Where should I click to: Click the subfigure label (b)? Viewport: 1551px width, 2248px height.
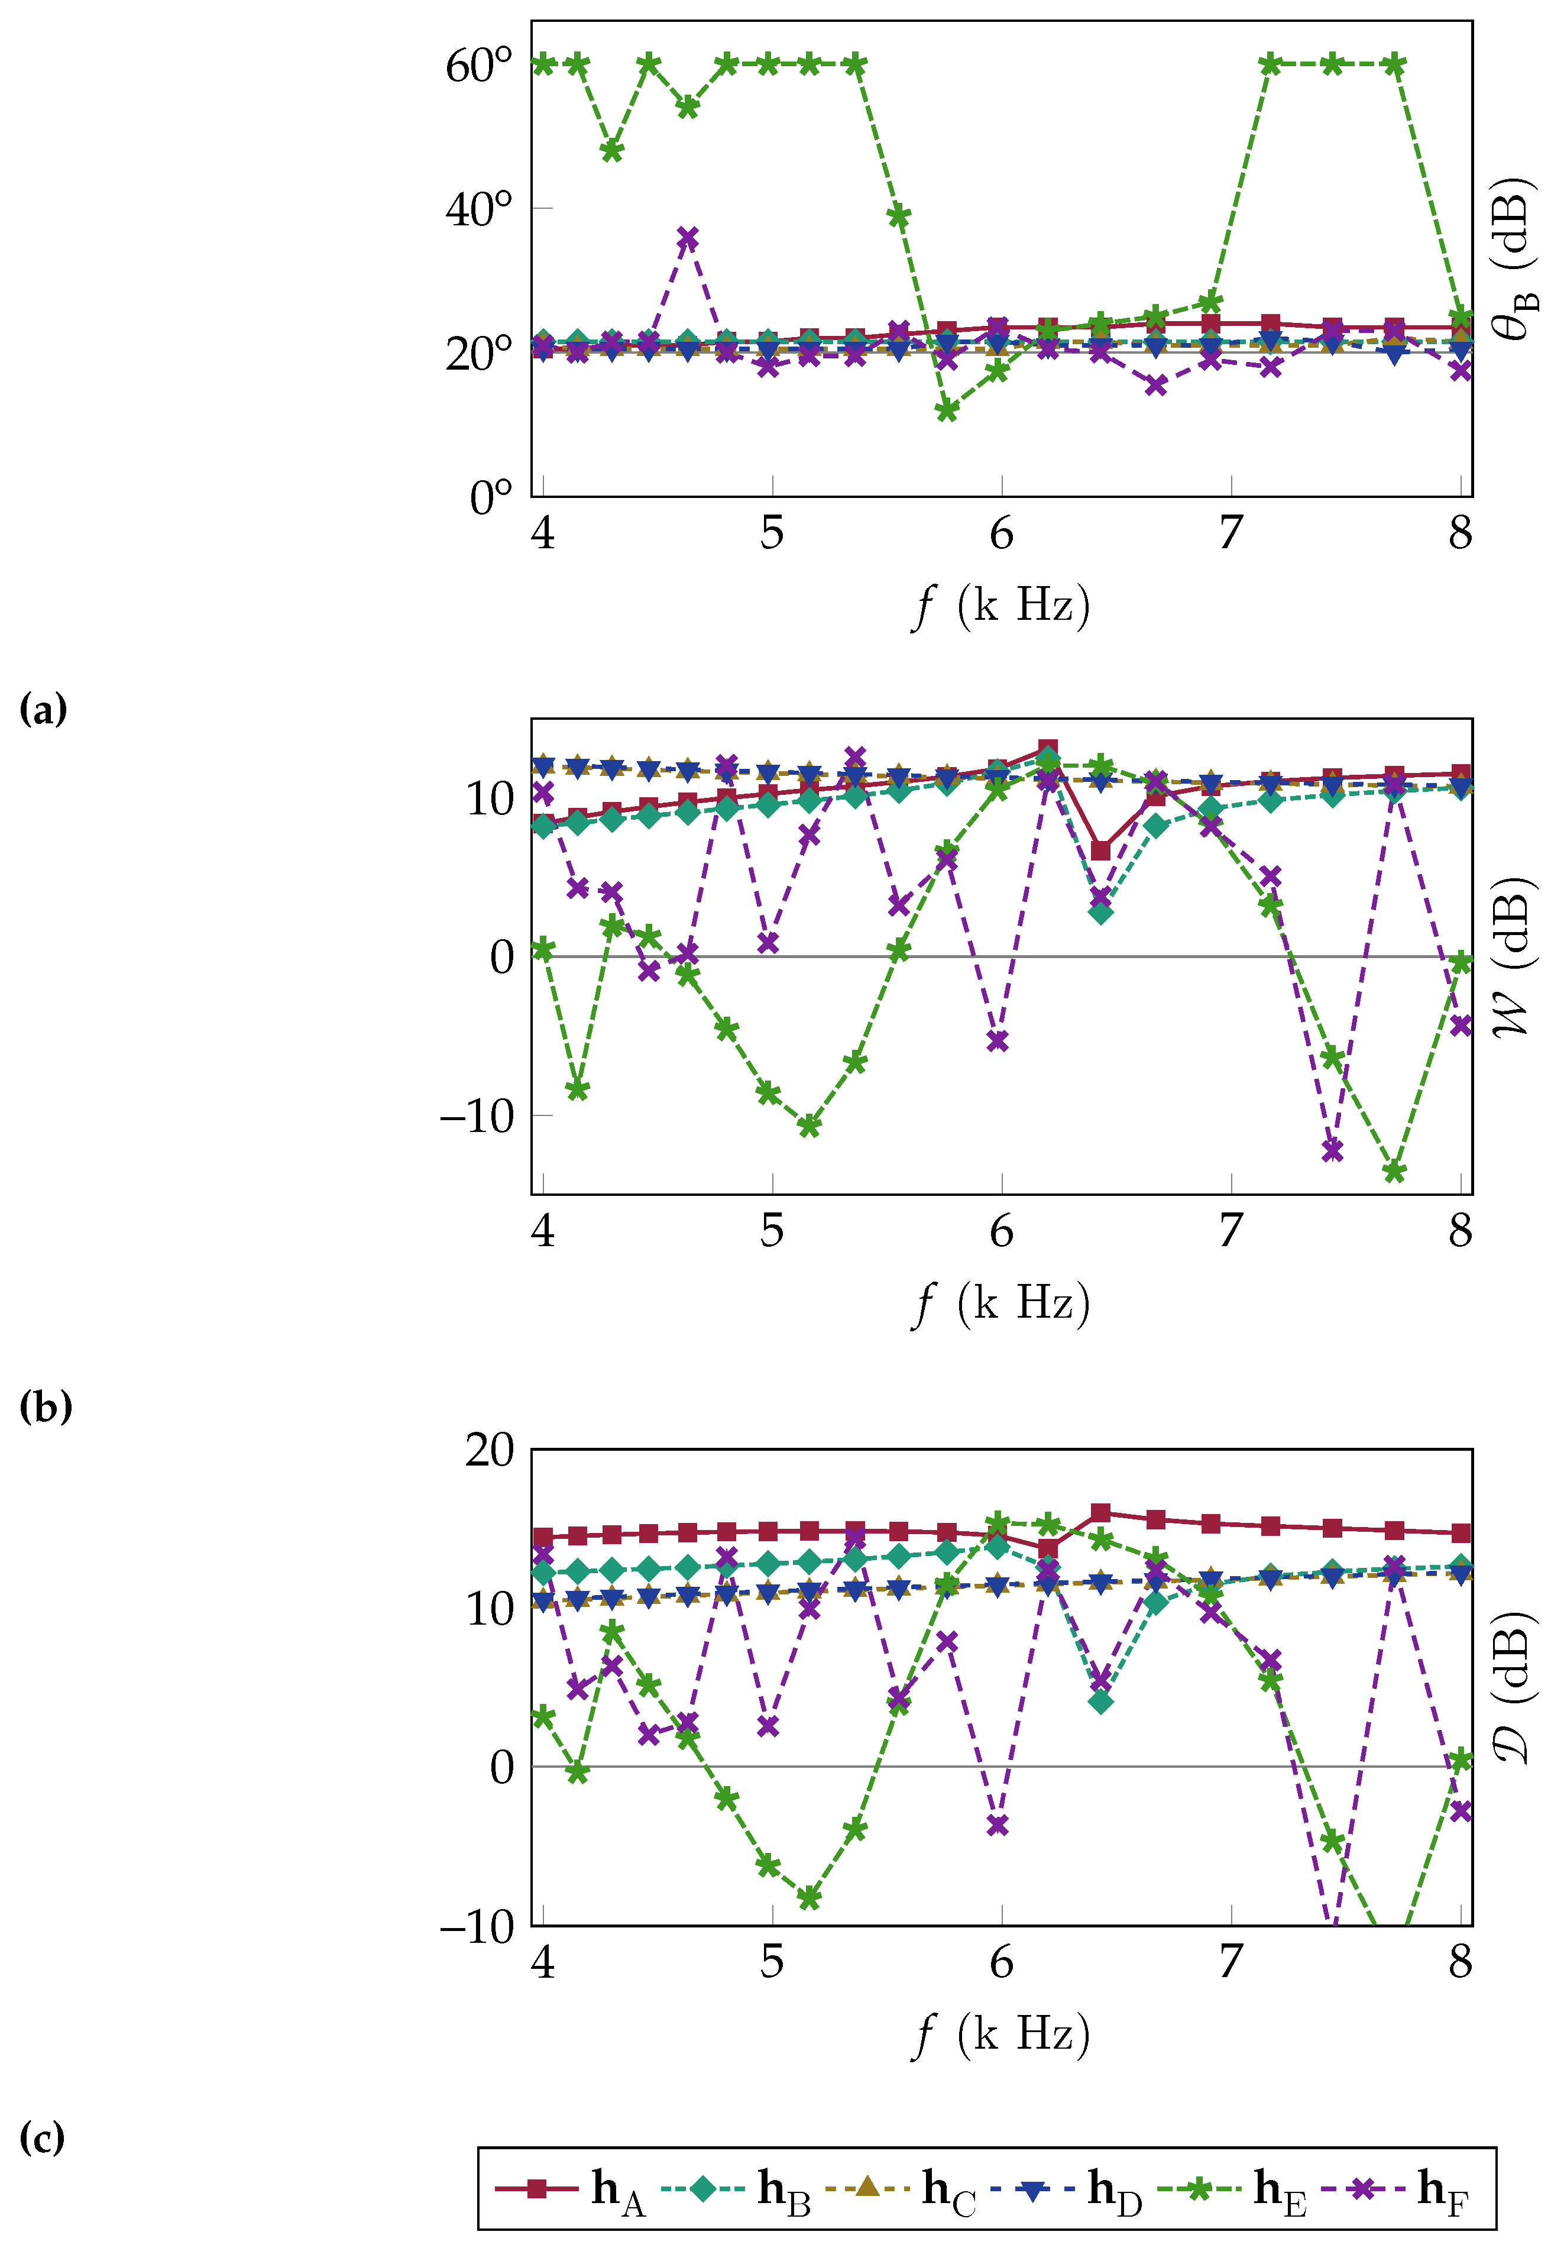tap(45, 1406)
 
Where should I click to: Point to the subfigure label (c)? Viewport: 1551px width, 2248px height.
tap(42, 2137)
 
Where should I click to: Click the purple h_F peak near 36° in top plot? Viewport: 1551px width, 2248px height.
tap(688, 238)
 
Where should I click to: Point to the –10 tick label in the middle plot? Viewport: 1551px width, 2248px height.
tap(476, 1116)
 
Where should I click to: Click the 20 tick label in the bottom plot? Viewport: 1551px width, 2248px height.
tap(489, 1450)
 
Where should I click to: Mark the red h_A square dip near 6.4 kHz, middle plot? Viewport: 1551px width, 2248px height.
tap(1100, 850)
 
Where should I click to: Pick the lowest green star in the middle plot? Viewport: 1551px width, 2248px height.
tap(1394, 1171)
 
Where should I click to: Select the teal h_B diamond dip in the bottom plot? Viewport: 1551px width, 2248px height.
tap(1100, 1702)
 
